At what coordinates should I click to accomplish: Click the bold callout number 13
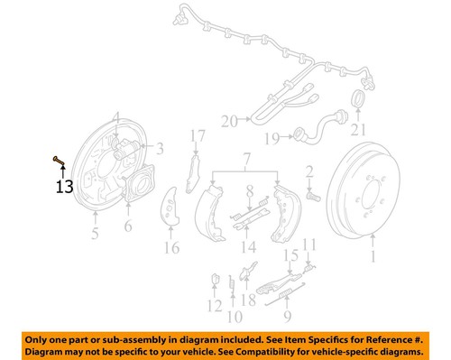coord(63,188)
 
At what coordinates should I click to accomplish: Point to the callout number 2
coord(308,171)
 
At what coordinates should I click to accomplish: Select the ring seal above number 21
coord(357,97)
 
